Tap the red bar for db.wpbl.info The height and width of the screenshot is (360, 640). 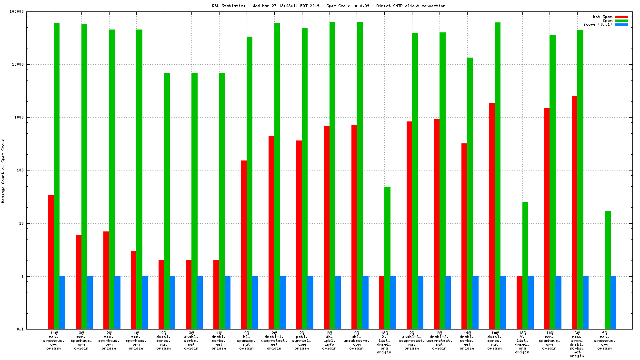[327, 227]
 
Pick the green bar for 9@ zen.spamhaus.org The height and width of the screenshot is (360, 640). [608, 270]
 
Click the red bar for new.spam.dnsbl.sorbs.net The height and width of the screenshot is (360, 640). [574, 212]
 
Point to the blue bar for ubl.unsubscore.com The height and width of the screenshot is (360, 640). [365, 302]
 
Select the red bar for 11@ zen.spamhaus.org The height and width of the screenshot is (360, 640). [51, 262]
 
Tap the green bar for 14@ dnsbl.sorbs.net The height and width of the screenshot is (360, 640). [470, 193]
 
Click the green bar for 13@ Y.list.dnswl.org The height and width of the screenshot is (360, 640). [525, 265]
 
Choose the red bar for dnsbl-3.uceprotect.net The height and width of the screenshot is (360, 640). [409, 225]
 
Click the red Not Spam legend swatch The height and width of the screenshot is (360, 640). [621, 17]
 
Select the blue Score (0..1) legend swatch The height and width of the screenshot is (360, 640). [621, 24]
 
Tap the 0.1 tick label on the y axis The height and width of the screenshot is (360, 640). [34, 329]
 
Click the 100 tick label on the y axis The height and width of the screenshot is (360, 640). [33, 170]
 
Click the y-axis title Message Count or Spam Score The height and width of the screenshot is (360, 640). [3, 171]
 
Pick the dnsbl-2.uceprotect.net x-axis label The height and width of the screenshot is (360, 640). [440, 340]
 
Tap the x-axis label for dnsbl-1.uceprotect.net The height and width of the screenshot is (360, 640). [274, 340]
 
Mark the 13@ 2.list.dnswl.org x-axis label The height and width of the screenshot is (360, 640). [384, 342]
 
